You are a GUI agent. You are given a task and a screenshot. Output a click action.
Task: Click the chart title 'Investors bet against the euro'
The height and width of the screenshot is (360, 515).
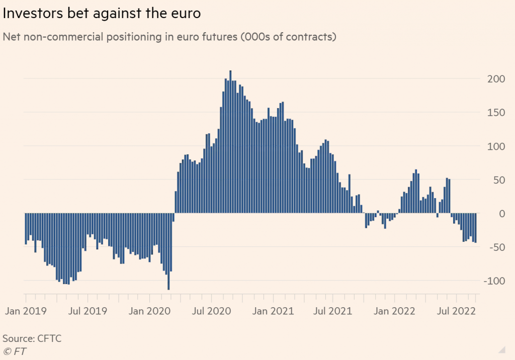102,14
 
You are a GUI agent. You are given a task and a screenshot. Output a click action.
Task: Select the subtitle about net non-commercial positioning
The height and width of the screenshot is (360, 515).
169,37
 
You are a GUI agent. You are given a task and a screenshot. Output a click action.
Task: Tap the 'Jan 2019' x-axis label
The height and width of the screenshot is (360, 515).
26,311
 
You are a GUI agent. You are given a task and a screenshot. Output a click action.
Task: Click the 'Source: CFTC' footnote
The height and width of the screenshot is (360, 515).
32,338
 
